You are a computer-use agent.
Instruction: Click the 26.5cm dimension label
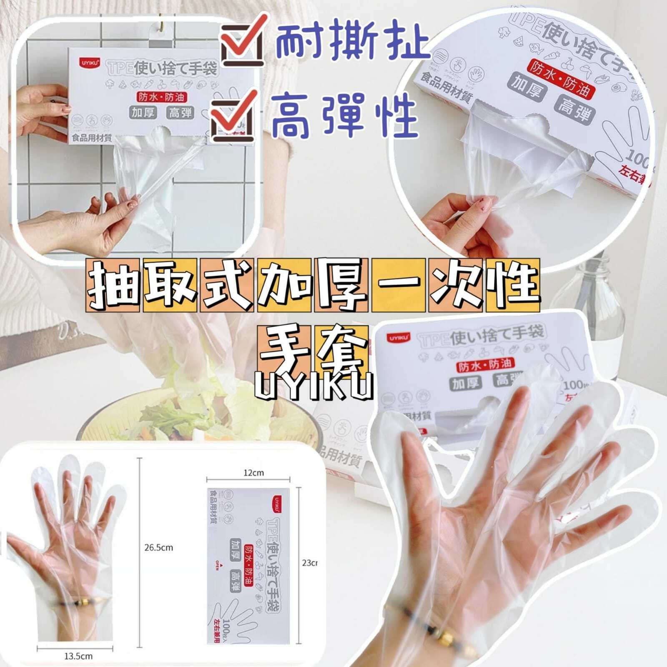tap(158, 547)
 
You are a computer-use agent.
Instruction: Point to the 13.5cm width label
tap(78, 656)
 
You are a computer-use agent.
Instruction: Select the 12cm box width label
tap(253, 472)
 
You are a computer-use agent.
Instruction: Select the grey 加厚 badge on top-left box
tap(143, 112)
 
